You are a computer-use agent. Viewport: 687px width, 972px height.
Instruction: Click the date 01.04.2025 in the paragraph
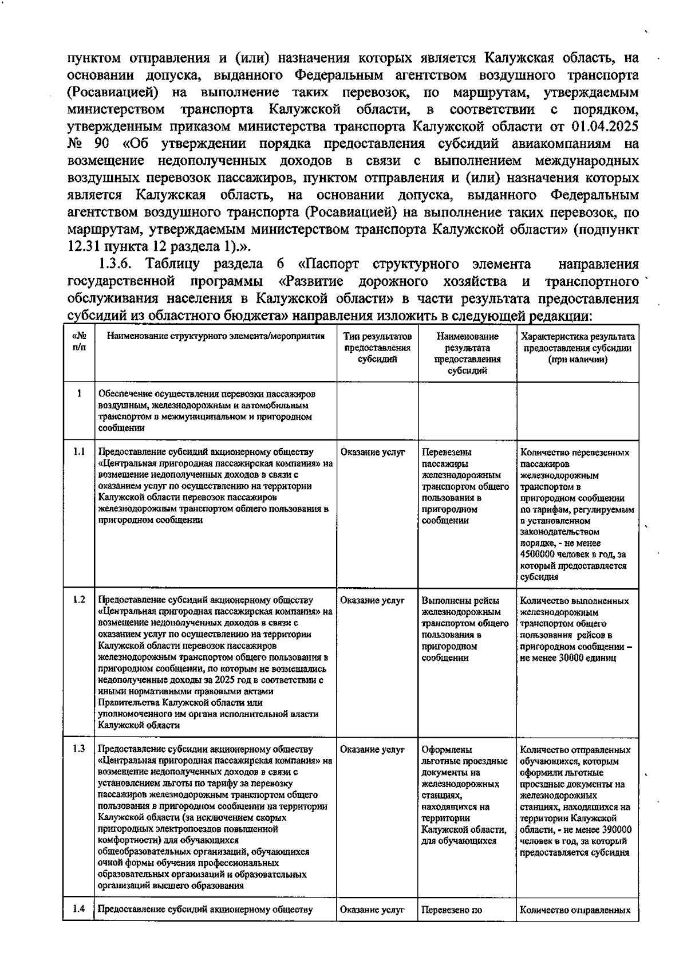coord(605,126)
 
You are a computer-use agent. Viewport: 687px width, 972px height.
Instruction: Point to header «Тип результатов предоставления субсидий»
coord(377,348)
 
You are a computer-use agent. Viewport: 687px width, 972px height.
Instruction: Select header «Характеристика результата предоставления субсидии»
coord(577,348)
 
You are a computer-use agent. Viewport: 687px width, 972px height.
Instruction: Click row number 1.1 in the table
coord(78,451)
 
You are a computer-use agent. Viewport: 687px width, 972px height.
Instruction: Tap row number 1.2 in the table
coord(78,600)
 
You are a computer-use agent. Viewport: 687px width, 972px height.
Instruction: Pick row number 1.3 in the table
coord(78,749)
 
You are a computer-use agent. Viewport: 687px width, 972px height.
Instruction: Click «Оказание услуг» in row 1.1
coord(372,452)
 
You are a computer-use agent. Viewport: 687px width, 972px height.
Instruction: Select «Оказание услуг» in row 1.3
coord(372,749)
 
